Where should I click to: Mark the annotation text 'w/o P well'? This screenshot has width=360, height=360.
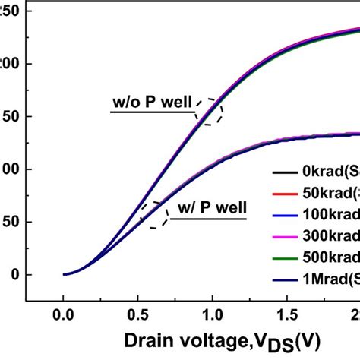pos(150,103)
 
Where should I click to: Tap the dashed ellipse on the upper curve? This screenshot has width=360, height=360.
pos(208,111)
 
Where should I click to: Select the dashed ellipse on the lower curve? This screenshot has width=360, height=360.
pos(154,215)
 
